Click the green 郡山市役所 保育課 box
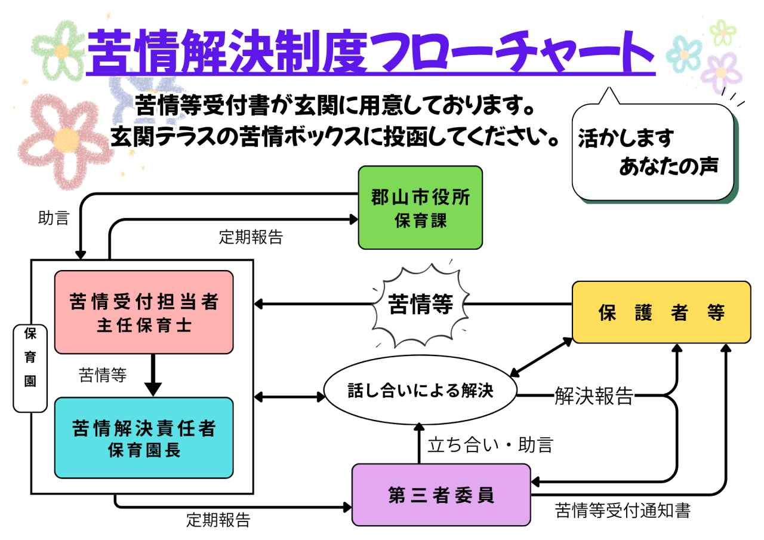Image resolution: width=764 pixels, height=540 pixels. (420, 207)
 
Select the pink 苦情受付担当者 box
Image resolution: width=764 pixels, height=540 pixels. (144, 312)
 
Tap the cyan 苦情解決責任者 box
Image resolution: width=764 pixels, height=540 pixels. (144, 437)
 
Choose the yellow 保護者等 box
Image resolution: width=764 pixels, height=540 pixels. (661, 312)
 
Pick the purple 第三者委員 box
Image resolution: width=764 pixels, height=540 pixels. (441, 495)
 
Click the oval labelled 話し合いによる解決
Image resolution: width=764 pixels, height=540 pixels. (420, 391)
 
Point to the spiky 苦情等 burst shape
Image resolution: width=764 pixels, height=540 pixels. (420, 305)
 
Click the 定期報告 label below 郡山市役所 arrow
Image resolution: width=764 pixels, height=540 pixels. (251, 237)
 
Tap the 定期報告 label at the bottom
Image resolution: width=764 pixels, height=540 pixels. (218, 519)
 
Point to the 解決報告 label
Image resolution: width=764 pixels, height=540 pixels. (593, 395)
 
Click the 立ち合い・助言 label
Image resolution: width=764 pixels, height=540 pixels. (490, 444)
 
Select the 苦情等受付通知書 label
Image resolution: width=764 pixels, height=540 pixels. (623, 511)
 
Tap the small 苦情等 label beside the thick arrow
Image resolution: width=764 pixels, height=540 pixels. (103, 375)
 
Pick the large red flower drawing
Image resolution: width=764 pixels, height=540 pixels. (64, 139)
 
